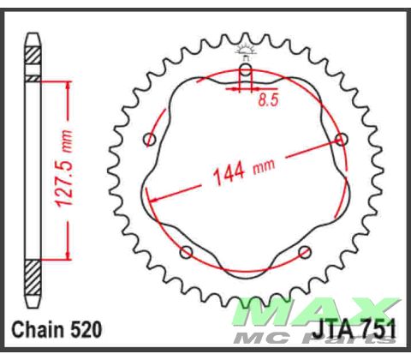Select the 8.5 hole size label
[x=267, y=101]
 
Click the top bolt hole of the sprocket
[x=246, y=71]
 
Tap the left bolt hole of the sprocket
[x=151, y=140]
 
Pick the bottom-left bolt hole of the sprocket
[x=187, y=251]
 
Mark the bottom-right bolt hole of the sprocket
[x=305, y=251]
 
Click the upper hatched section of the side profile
[x=33, y=54]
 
